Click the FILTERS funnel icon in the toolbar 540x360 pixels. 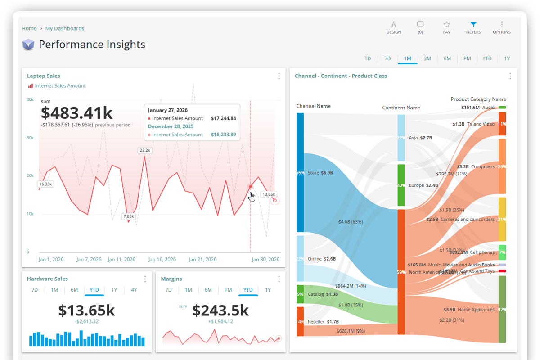473,24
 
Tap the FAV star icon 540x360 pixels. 446,24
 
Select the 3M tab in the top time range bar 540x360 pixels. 427,58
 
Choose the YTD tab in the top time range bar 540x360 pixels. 486,58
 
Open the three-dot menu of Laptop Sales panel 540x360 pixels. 279,76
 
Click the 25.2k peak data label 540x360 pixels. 145,150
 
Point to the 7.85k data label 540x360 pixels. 129,216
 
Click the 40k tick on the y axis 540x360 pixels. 30,99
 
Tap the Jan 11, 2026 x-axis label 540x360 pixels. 121,260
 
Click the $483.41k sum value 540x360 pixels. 77,113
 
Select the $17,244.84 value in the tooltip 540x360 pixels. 223,118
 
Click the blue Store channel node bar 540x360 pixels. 300,172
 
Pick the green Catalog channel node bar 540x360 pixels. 300,294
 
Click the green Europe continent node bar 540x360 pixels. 401,185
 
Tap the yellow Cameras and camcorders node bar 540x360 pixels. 502,219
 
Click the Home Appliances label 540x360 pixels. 476,310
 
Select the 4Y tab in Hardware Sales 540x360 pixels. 134,290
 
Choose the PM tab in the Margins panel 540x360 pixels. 228,290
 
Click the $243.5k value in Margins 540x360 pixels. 220,310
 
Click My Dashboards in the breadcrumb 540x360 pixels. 65,28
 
